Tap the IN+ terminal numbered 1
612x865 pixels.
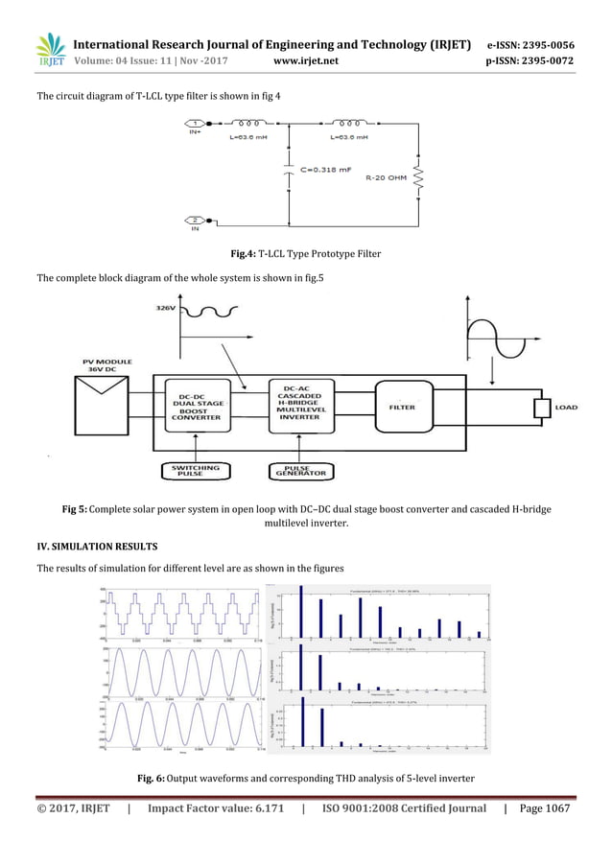pyautogui.click(x=196, y=124)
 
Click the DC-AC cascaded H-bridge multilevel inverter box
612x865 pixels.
pyautogui.click(x=298, y=407)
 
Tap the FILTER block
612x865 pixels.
pyautogui.click(x=402, y=407)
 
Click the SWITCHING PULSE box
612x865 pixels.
pyautogui.click(x=196, y=471)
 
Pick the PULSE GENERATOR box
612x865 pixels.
pyautogui.click(x=298, y=471)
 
